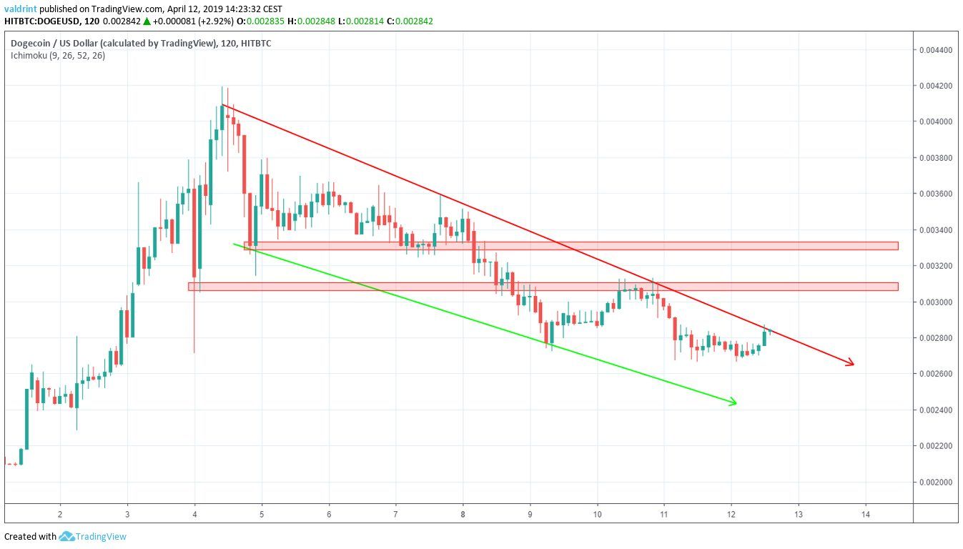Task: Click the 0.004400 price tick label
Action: click(x=934, y=50)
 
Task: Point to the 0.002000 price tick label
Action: click(x=934, y=482)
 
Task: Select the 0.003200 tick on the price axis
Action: click(x=934, y=266)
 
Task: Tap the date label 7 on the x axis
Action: click(x=395, y=514)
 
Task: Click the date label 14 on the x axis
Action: click(x=866, y=514)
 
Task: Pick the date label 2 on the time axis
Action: click(x=60, y=514)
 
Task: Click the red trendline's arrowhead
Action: click(x=851, y=365)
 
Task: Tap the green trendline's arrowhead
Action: click(x=733, y=403)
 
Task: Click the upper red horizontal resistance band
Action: click(x=572, y=246)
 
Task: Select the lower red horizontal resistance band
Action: click(x=543, y=287)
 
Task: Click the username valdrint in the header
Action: click(x=20, y=9)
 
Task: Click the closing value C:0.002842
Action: click(x=409, y=21)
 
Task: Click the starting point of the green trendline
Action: click(x=234, y=244)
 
